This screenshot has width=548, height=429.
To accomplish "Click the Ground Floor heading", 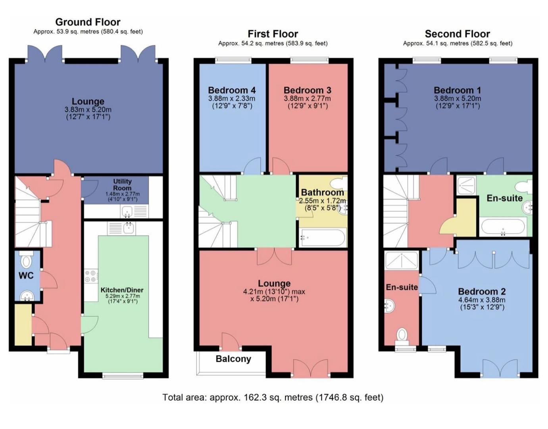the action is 88,22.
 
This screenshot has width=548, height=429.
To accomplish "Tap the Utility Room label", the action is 122,185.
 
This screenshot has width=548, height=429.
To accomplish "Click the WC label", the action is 26,276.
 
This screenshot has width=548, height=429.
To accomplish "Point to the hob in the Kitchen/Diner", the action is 91,276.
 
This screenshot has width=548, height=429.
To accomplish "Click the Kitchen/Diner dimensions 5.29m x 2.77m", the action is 122,296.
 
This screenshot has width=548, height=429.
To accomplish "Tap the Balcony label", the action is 233,359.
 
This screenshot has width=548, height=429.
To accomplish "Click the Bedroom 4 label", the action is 232,90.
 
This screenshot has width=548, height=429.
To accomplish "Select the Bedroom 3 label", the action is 308,90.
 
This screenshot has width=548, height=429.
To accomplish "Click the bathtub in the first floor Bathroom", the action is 323,238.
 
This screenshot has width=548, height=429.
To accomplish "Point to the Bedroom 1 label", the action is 457,90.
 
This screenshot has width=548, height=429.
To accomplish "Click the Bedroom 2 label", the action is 482,292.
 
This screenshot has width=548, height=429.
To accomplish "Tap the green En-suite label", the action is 504,198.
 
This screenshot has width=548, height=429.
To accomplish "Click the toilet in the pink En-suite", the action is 402,337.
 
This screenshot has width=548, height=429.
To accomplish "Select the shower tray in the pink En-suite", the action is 402,260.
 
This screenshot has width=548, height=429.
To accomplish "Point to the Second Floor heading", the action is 457,34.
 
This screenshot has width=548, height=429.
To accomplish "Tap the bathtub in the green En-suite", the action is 503,226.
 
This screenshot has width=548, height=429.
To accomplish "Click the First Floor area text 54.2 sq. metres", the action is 262,43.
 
